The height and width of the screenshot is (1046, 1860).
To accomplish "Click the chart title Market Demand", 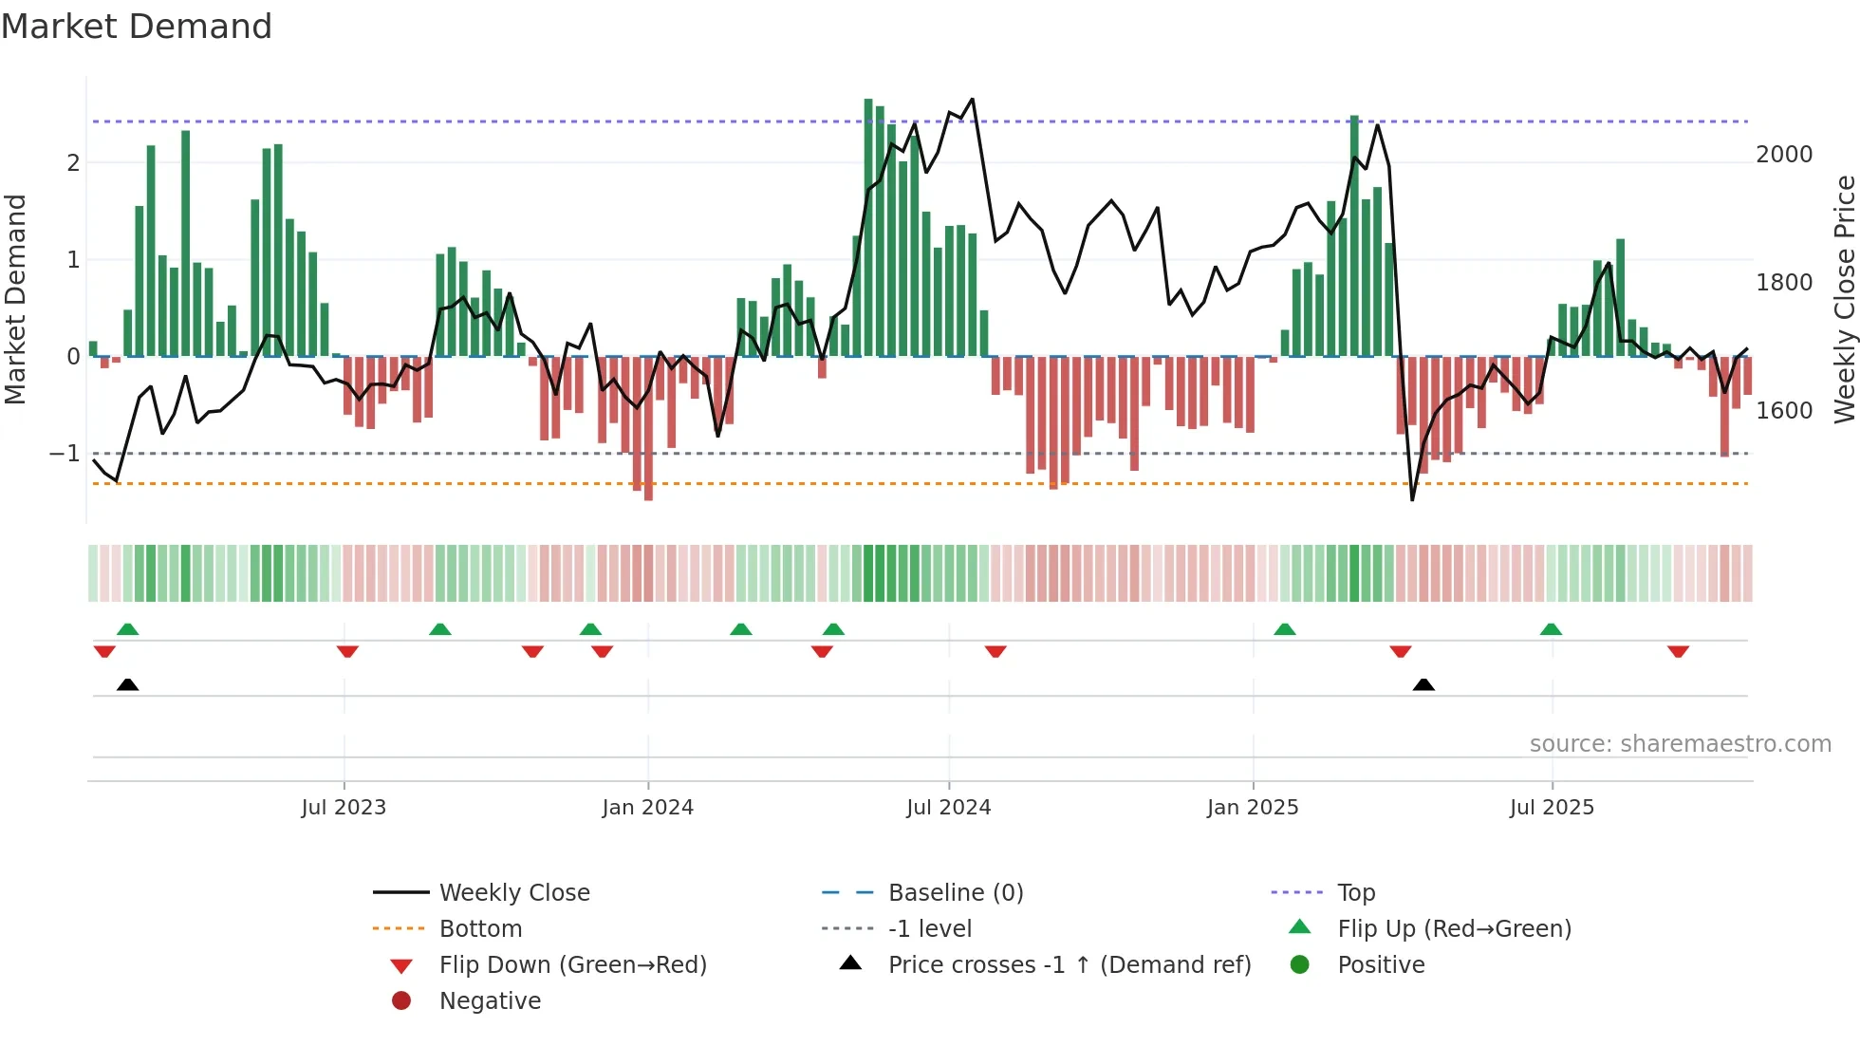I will (137, 27).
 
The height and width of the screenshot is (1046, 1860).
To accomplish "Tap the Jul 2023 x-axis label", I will (344, 808).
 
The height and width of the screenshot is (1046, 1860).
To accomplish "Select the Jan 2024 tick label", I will (647, 808).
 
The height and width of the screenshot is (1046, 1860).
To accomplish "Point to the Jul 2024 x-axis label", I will (948, 808).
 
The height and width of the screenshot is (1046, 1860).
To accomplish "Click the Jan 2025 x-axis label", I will (1253, 808).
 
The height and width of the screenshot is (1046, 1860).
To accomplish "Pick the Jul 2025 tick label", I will (1552, 808).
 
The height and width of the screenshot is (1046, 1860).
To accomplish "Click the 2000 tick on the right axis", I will (1784, 155).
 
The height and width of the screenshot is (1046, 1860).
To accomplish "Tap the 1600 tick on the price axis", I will (1784, 411).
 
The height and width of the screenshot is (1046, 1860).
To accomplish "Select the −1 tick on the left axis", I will (65, 454).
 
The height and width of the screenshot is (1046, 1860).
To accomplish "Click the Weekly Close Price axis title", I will (1844, 299).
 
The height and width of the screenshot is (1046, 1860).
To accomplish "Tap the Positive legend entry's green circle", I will (1300, 965).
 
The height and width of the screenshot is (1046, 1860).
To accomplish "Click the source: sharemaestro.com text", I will (1680, 744).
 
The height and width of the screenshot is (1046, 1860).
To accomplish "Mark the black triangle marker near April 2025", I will (1423, 684).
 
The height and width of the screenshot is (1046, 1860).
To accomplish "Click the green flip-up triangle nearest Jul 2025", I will (1551, 629).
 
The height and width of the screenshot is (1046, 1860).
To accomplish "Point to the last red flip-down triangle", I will (1678, 652).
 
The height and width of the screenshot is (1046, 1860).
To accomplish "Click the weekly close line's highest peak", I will (972, 99).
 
